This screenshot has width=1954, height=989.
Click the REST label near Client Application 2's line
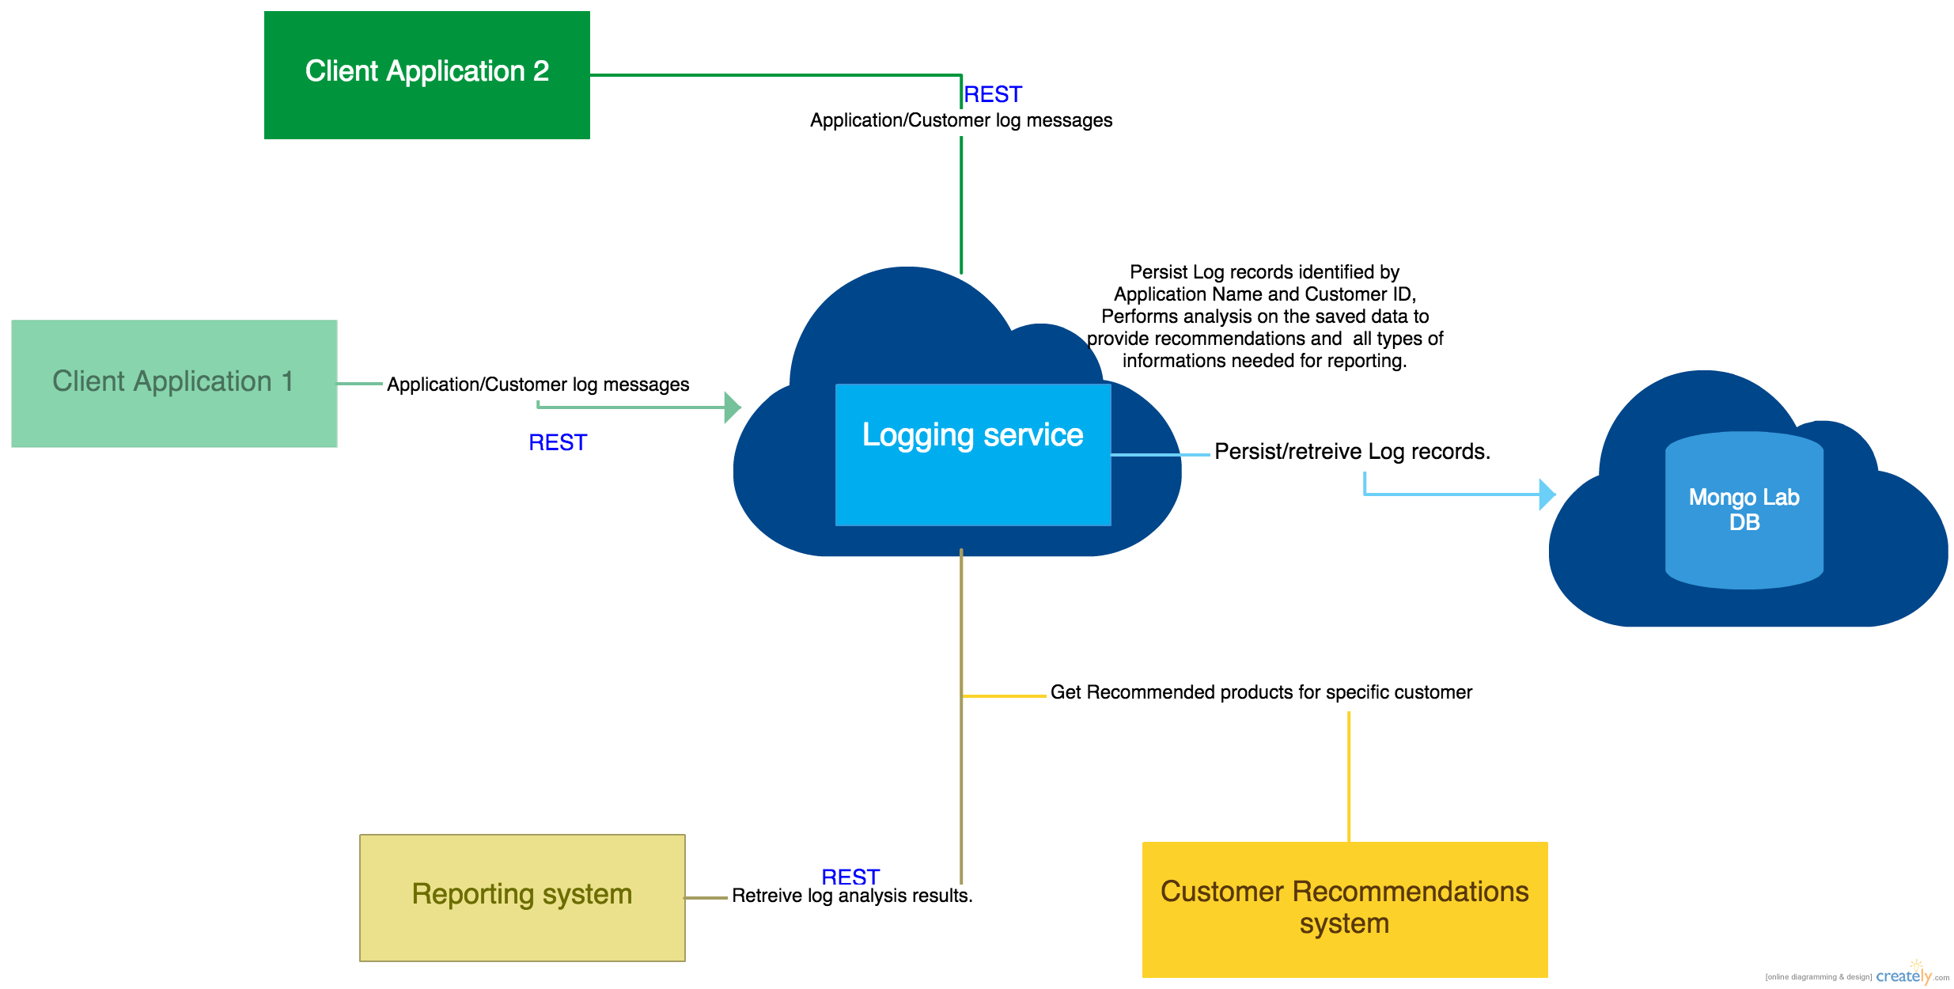pos(993,95)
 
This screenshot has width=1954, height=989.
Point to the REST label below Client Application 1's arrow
pos(558,442)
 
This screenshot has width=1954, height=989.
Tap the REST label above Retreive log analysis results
pos(850,876)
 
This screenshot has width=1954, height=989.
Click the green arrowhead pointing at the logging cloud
pos(733,407)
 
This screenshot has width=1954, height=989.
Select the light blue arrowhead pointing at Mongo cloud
pos(1547,494)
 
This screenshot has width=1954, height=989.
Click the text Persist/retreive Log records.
pos(1352,452)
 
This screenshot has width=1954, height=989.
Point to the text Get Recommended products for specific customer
pos(1261,692)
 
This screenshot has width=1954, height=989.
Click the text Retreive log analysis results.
pos(852,896)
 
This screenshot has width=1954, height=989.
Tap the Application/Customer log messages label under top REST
pos(960,120)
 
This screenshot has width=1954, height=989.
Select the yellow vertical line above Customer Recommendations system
pos(1349,775)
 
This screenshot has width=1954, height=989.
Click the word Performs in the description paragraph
pos(1134,316)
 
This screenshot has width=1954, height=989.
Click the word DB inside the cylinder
pos(1744,523)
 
